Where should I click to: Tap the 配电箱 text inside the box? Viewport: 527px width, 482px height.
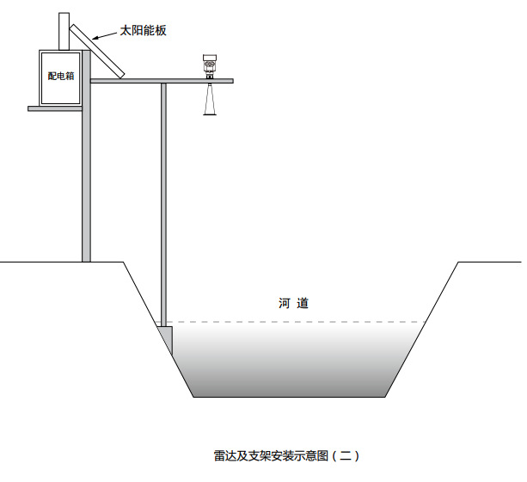(x=61, y=76)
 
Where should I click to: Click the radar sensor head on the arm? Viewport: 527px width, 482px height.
(x=209, y=65)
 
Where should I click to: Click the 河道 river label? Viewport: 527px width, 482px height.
(x=293, y=303)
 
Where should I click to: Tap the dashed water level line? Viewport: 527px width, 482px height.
(x=301, y=322)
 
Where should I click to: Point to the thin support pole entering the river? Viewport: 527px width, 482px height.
(x=163, y=207)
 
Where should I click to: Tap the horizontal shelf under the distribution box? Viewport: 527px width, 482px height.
(x=55, y=108)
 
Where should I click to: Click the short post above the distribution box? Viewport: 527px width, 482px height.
(x=64, y=31)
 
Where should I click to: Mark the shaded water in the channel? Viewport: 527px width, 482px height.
(x=292, y=361)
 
